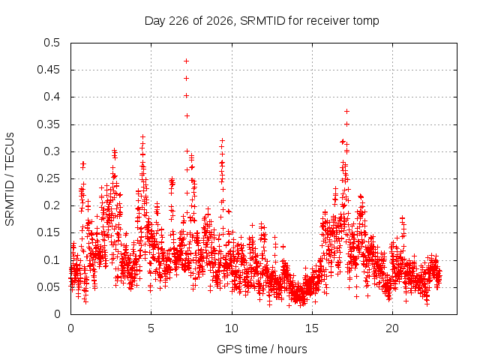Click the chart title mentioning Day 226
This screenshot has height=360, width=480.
262,21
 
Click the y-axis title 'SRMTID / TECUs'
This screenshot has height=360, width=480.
10,179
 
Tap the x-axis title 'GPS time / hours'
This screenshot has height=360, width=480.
262,349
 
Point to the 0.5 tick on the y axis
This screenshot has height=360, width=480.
52,43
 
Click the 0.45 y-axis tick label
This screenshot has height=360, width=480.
48,70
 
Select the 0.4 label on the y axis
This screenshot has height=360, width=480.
52,97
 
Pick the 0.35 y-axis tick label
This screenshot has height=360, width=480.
48,124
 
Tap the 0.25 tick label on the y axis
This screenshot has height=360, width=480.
48,178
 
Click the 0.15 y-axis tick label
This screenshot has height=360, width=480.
48,232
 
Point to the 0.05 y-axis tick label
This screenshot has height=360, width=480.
48,287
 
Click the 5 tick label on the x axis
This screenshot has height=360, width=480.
151,328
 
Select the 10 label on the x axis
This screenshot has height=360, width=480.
232,328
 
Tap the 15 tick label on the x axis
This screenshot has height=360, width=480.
312,328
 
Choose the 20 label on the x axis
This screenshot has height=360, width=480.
392,328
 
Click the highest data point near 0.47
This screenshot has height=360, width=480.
186,61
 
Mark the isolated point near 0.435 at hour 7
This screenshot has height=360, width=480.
186,78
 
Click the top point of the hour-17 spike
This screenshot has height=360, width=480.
346,112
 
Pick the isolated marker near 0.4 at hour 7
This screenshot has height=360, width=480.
186,96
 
